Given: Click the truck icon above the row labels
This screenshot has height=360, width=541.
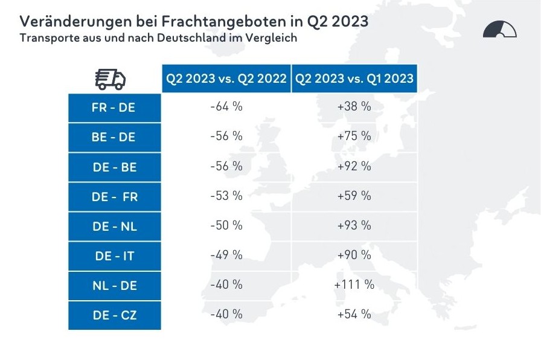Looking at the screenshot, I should (110, 79).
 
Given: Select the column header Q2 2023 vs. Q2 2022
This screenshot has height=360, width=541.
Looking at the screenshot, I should (226, 79).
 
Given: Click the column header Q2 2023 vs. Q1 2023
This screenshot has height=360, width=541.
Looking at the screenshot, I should (354, 79).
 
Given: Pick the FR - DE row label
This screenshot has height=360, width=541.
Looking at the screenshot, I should (114, 108).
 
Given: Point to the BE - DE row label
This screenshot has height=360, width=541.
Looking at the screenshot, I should (114, 137).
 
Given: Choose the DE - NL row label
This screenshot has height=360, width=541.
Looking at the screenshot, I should (114, 226).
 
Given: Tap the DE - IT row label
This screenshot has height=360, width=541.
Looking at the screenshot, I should (114, 256).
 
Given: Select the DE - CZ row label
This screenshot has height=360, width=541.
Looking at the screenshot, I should (114, 315).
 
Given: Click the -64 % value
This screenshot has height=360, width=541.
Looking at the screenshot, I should (226, 107).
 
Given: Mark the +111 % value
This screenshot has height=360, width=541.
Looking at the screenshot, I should (354, 284).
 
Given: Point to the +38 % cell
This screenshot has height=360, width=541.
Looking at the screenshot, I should (354, 107).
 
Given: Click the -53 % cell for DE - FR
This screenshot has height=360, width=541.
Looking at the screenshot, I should (226, 196).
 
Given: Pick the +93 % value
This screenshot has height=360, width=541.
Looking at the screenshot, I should (354, 225).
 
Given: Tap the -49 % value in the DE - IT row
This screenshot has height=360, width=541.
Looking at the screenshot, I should (226, 255).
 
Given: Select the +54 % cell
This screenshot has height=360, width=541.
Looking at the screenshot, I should (354, 314).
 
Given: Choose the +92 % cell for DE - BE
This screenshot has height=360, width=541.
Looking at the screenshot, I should (354, 166).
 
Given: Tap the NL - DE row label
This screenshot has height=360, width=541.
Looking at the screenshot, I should (114, 285).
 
